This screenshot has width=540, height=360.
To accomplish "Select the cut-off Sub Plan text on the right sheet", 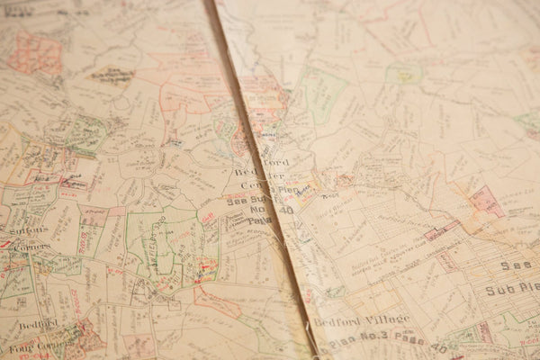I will point(509,290).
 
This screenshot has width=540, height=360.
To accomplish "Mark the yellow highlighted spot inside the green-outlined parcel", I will point(406,77).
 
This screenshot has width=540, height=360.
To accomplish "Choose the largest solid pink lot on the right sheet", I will point(487,202).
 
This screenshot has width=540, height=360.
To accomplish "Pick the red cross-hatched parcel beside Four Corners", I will point(81,337).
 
